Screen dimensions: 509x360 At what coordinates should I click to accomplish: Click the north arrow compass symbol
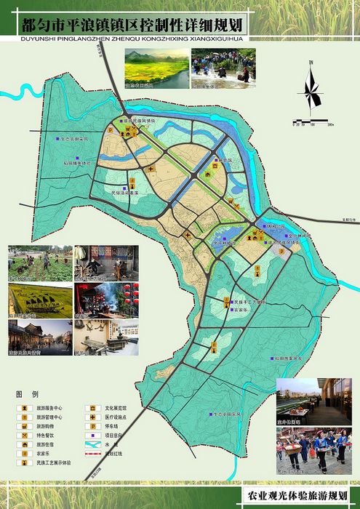coord(311,89)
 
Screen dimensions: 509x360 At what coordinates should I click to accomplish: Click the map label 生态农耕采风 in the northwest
coord(82,138)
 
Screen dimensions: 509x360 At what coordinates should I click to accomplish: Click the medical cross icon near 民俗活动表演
coord(151,169)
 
